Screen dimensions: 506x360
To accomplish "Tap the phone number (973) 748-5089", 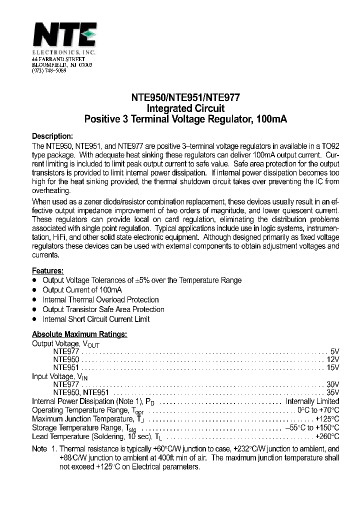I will (49, 71).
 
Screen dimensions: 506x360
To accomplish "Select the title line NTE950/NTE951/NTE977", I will (185, 98).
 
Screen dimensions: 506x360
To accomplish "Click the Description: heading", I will (52, 136).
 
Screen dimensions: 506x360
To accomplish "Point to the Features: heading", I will (47, 270).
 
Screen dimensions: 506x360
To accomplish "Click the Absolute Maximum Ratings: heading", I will (79, 334).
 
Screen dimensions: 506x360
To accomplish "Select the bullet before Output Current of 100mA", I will (34, 290).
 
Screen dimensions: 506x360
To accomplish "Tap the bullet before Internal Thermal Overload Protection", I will (34, 299).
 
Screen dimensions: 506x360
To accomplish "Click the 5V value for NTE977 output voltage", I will (334, 351).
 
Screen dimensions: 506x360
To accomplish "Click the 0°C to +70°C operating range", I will (318, 410).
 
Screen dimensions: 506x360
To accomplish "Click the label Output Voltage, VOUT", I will (65, 344).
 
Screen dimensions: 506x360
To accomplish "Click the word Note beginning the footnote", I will (39, 449).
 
